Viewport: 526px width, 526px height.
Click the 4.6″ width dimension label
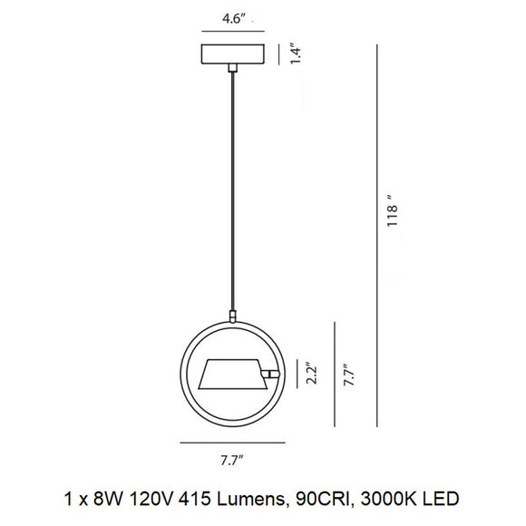point(235,17)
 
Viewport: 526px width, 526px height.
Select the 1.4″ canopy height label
point(296,54)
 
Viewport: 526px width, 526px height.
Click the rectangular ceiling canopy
point(235,54)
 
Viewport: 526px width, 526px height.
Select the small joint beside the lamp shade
point(269,373)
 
